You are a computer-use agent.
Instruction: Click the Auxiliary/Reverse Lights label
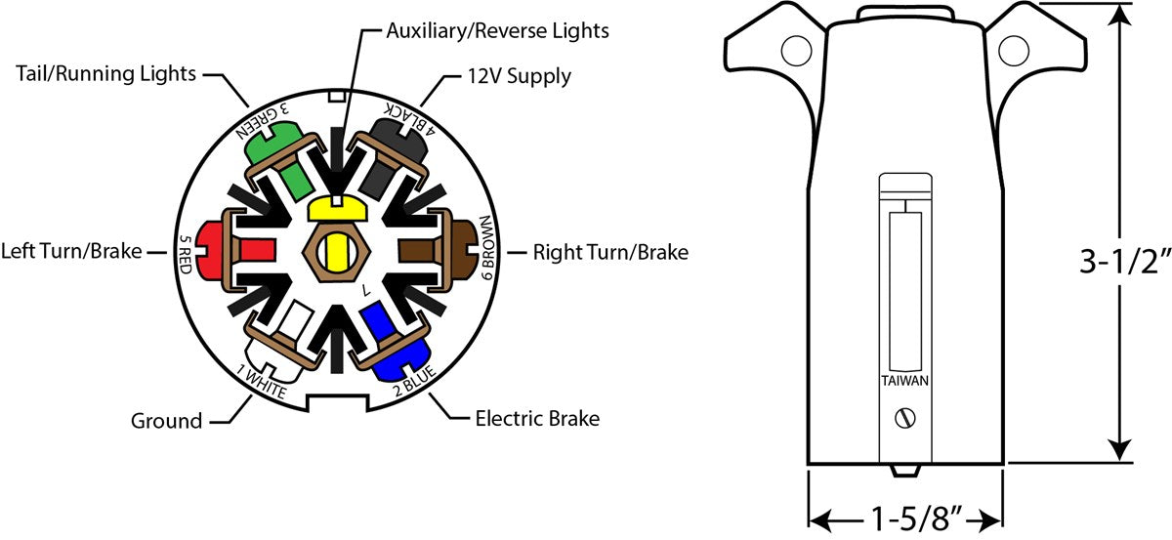(x=497, y=30)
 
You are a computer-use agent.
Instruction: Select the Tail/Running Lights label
(x=105, y=73)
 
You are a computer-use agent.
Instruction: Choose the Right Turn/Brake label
(x=610, y=252)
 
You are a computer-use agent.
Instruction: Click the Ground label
(x=166, y=421)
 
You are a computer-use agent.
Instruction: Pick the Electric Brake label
(x=537, y=419)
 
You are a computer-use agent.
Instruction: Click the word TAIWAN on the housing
(x=904, y=381)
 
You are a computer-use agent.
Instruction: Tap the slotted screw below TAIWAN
(x=905, y=418)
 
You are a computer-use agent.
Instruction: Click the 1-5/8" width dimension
(x=905, y=516)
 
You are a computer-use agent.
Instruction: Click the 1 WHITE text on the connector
(x=260, y=382)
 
